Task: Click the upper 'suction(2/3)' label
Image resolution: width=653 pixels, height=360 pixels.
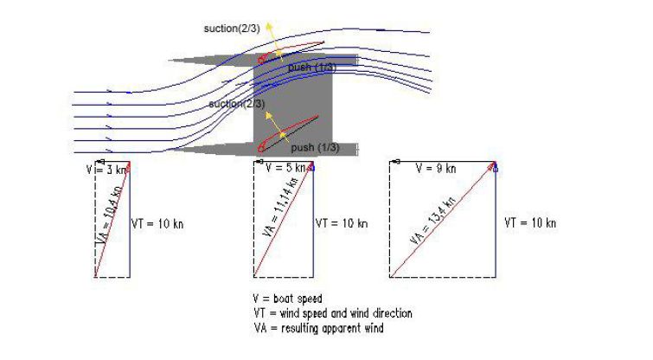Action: pos(232,29)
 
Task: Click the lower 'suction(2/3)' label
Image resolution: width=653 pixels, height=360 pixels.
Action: pos(236,104)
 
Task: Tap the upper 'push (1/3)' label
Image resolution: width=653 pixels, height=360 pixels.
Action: pos(312,67)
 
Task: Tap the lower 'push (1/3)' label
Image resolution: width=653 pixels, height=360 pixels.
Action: pos(315,147)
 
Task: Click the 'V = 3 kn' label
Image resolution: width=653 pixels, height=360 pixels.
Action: pos(106,170)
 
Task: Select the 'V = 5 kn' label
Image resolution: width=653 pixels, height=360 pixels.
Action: pos(285,168)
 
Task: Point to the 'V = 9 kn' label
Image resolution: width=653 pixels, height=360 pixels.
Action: pos(436,169)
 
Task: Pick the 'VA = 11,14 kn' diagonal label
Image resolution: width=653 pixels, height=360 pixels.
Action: pos(281,207)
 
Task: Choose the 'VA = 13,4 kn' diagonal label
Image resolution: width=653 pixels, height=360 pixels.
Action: pos(432,220)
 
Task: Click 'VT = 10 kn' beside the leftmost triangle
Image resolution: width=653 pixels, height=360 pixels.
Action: pos(157,224)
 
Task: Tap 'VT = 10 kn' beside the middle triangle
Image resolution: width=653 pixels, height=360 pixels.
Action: pos(342,223)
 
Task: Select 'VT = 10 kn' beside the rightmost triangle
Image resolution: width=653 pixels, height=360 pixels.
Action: pos(530,223)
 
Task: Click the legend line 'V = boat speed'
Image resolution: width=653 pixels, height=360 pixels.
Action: pos(288,299)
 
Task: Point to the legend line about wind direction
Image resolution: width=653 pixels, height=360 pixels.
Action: pos(333,313)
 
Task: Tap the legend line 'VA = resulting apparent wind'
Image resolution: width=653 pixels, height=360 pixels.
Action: pos(318,328)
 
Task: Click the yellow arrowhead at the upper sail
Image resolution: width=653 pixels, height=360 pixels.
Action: pos(270,26)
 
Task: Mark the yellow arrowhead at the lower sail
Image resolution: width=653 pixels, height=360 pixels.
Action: pos(269,115)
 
